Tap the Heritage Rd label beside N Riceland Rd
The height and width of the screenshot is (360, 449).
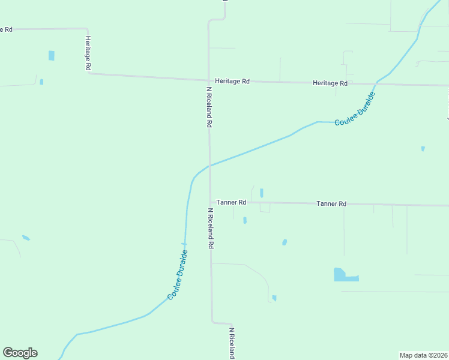pyautogui.click(x=232, y=81)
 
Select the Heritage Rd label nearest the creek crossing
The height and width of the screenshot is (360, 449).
pyautogui.click(x=330, y=83)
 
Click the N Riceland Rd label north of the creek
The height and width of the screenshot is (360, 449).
pyautogui.click(x=209, y=106)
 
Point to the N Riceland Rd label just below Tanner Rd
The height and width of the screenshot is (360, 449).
pyautogui.click(x=210, y=228)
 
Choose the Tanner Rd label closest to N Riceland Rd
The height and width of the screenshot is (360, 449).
pyautogui.click(x=231, y=202)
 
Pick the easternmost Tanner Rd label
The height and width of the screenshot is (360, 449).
pyautogui.click(x=331, y=204)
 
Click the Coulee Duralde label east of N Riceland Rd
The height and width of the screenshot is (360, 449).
pyautogui.click(x=355, y=109)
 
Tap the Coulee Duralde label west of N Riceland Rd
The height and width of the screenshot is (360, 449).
pyautogui.click(x=178, y=275)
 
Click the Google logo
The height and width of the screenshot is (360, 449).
pyautogui.click(x=20, y=353)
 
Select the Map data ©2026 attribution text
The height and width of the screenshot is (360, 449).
pyautogui.click(x=424, y=355)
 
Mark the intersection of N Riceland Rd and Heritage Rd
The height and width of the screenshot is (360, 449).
pyautogui.click(x=209, y=79)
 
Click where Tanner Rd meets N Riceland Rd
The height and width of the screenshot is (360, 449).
pyautogui.click(x=209, y=202)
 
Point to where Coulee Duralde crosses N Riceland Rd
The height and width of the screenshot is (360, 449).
pyautogui.click(x=209, y=166)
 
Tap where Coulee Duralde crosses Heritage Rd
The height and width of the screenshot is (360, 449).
pyautogui.click(x=376, y=83)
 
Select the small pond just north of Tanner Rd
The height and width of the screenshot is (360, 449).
pyautogui.click(x=261, y=193)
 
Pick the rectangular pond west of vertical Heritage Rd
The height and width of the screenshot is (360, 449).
pyautogui.click(x=51, y=55)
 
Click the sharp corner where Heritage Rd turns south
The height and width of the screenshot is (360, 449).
pyautogui.click(x=87, y=29)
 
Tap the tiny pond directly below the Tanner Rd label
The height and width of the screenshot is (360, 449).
pyautogui.click(x=245, y=220)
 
